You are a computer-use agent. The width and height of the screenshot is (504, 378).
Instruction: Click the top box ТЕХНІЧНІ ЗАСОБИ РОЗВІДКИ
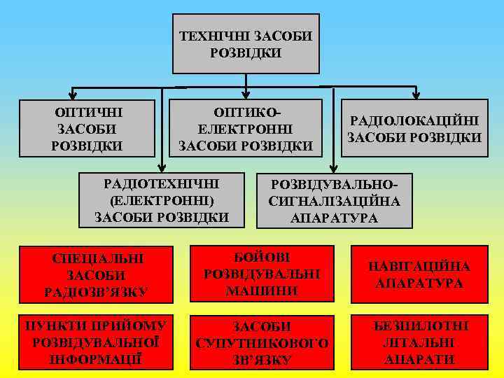246,43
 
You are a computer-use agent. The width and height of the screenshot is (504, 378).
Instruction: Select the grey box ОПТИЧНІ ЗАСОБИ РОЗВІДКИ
87,129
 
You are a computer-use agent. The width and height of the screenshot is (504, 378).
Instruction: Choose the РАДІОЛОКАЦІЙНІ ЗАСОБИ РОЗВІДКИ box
415,129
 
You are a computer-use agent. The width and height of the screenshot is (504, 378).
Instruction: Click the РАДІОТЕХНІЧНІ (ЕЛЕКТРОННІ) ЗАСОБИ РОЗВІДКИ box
162,200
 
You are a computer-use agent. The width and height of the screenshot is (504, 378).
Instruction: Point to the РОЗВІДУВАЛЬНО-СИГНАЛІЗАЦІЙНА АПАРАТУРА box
335,200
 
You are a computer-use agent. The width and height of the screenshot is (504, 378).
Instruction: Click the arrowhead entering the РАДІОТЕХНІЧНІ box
162,167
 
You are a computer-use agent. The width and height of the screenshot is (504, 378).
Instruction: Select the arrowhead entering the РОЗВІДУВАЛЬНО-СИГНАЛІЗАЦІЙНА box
334,167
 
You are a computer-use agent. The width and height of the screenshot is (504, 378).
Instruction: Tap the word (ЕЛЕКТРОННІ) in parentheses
162,200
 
